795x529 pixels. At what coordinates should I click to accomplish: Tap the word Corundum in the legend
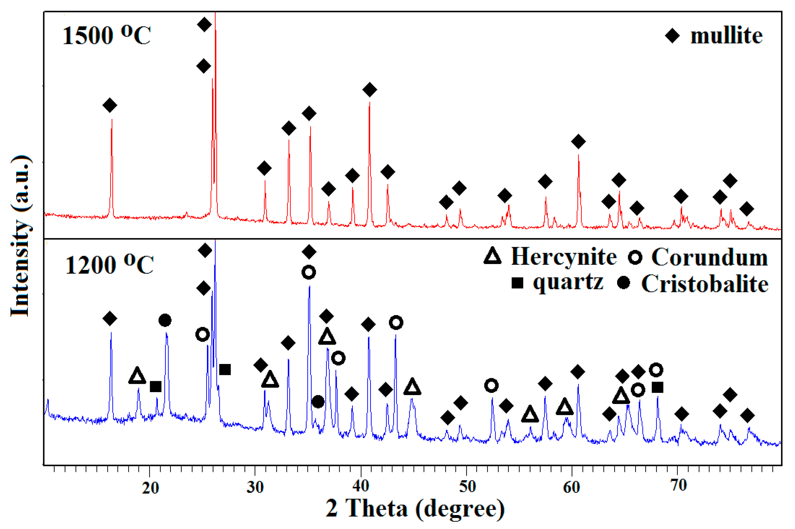(x=709, y=258)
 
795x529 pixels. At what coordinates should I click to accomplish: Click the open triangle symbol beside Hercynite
(x=493, y=256)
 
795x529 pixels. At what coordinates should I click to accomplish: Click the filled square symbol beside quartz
(x=517, y=283)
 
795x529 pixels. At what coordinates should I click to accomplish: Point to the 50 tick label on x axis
(x=467, y=486)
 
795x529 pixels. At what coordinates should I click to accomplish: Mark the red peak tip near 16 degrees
(x=112, y=119)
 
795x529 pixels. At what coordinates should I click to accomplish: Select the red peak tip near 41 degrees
(x=369, y=102)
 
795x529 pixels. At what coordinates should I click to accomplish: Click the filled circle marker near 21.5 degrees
(x=165, y=320)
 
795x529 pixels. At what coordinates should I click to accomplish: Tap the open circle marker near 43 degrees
(x=396, y=323)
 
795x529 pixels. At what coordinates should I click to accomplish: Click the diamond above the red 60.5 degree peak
(x=578, y=141)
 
